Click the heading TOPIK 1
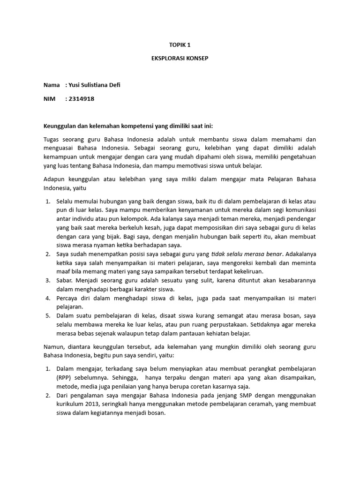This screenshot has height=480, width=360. (180, 45)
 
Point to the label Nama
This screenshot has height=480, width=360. (52, 85)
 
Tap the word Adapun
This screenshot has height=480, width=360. (55, 179)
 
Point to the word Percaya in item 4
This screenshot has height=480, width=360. (69, 298)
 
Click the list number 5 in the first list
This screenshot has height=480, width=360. (48, 315)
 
